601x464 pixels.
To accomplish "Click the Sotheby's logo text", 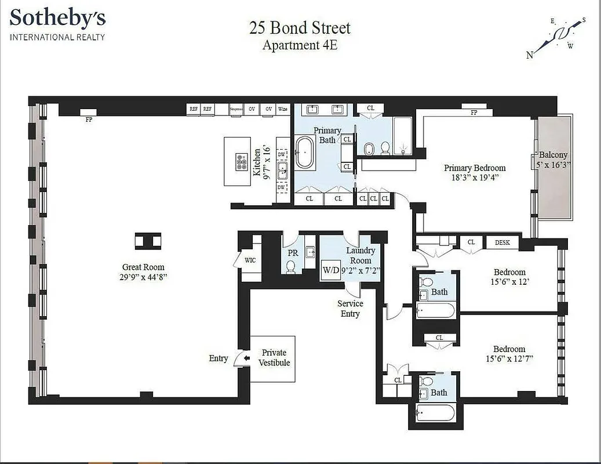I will [x=58, y=19].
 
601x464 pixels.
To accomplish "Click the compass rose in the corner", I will [x=556, y=38].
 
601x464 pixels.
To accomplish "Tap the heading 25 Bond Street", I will [x=300, y=27].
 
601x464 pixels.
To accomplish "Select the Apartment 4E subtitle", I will [x=300, y=45].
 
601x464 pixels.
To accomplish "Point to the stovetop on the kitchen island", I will [x=241, y=162].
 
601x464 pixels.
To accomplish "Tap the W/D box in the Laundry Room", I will [x=331, y=270].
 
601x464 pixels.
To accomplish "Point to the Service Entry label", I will [x=350, y=309].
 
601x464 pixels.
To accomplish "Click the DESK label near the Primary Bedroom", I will [x=502, y=242].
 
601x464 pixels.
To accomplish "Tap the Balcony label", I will [x=553, y=155].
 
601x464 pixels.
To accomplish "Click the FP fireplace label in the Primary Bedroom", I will [x=473, y=113].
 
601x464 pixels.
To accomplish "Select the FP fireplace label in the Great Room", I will [x=89, y=120].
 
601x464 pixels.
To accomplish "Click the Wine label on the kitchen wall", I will [x=283, y=109].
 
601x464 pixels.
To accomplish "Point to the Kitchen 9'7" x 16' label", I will [x=262, y=162].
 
